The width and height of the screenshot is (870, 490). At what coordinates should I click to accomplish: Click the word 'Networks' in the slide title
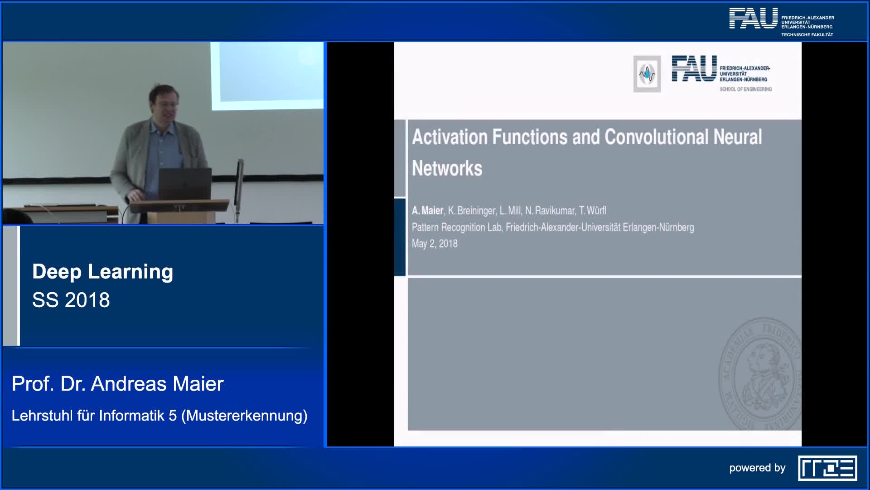447,168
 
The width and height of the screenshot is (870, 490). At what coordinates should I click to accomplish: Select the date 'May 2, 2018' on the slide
435,244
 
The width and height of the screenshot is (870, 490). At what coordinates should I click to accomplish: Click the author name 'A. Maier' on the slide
427,211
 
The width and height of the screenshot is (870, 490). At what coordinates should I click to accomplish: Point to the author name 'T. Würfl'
593,211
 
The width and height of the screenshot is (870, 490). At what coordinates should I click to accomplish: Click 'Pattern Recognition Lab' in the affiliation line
457,227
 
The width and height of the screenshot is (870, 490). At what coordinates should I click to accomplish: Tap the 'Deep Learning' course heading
103,272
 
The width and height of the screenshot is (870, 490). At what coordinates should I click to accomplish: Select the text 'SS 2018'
71,300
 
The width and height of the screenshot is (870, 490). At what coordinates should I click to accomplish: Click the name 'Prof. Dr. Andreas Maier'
118,384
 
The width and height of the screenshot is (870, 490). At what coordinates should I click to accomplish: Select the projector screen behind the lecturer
267,76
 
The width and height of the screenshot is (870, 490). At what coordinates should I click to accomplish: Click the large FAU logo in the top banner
753,18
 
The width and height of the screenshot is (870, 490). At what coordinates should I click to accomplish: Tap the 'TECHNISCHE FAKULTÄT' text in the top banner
807,35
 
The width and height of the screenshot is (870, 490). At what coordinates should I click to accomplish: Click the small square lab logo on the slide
647,74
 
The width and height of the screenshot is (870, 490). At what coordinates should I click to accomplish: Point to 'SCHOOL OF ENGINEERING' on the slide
746,89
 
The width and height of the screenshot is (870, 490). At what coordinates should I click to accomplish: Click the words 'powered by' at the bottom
757,468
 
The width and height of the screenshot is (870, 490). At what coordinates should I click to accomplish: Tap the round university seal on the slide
760,373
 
